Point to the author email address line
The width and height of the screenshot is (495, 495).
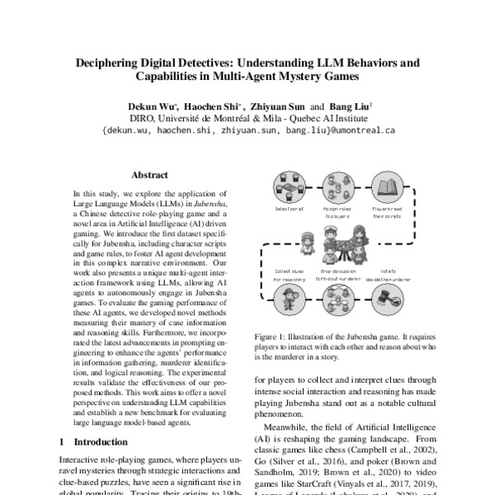point(248,130)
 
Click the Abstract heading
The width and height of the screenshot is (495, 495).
point(149,175)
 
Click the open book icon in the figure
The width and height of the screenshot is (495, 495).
point(386,191)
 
